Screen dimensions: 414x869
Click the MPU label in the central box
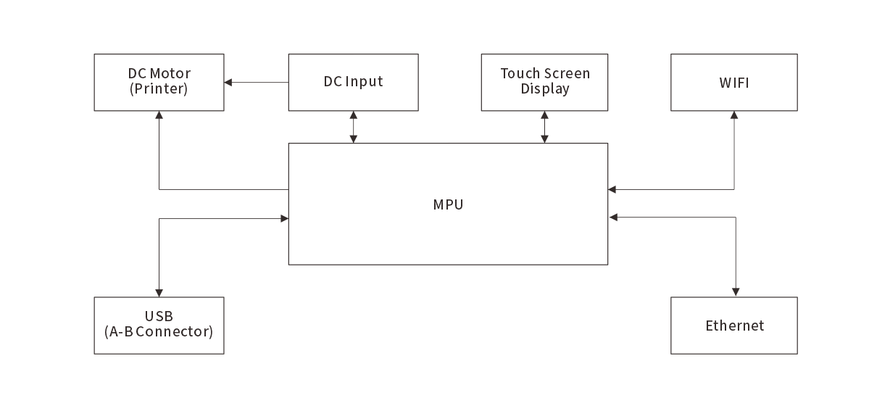tap(448, 204)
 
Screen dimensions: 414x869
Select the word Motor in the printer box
tap(170, 74)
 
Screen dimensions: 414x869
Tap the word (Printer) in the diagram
tap(159, 90)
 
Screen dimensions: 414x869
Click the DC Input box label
tap(353, 82)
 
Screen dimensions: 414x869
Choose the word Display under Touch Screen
tap(545, 90)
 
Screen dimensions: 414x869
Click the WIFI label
tap(733, 83)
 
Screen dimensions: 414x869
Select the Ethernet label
tap(734, 326)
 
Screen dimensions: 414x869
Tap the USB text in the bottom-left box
tap(159, 317)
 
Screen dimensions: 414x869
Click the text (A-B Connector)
tap(159, 333)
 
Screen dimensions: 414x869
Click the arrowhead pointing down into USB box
tap(159, 292)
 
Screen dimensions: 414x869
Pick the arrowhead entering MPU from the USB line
tap(284, 218)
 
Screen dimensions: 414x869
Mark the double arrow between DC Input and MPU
tap(354, 127)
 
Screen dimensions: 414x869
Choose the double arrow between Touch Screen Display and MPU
tap(544, 127)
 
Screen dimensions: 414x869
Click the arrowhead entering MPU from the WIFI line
tap(612, 189)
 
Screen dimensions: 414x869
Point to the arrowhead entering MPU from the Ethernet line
tap(612, 217)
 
